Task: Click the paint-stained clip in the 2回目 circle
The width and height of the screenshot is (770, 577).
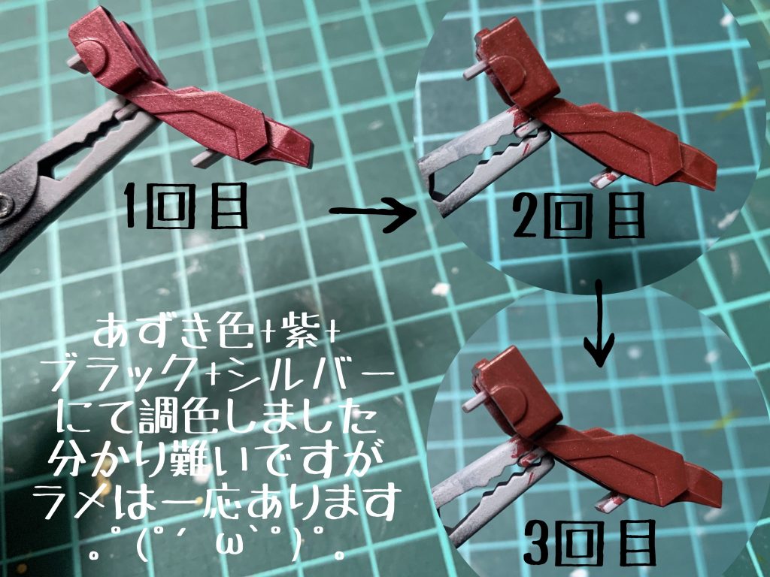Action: (481, 154)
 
